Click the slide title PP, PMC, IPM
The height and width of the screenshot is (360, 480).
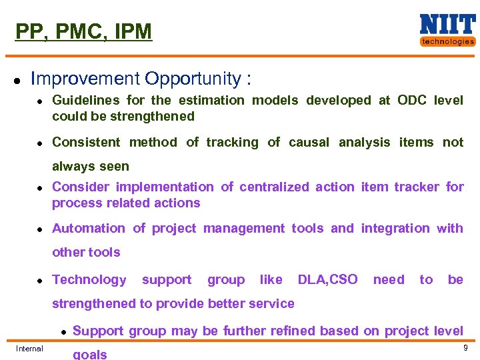click(83, 31)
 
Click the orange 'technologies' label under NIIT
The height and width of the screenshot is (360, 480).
click(447, 41)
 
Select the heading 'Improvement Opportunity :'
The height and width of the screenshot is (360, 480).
click(141, 79)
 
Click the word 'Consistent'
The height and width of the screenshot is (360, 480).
click(86, 142)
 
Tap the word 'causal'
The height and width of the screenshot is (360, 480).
click(309, 142)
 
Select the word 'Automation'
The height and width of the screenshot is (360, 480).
click(89, 229)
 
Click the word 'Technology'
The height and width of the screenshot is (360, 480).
click(89, 280)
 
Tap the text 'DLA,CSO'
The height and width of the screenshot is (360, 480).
click(327, 280)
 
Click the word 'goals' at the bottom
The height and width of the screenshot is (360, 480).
click(89, 354)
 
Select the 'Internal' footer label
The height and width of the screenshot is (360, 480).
click(29, 349)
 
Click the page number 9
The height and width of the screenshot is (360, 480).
click(465, 348)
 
